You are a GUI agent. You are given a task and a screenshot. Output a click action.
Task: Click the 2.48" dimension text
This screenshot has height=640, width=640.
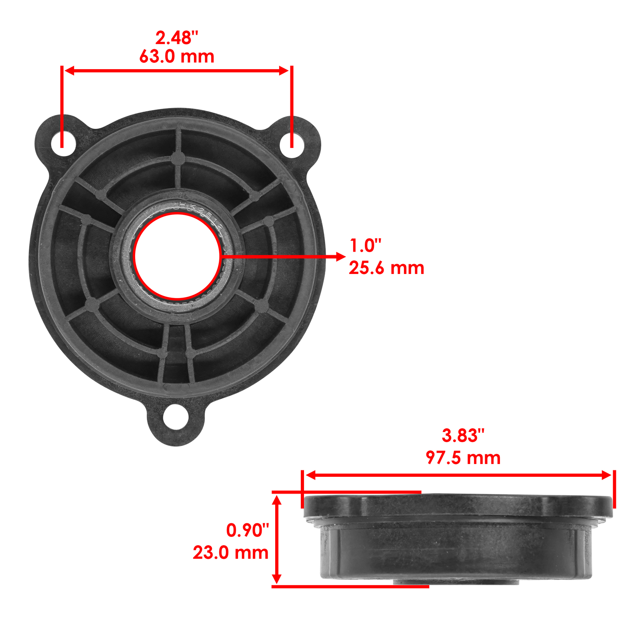pos(176,38)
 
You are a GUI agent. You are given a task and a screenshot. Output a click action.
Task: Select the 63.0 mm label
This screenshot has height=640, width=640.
pos(176,56)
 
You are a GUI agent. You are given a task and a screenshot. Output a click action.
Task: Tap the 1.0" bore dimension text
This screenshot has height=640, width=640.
pos(365,246)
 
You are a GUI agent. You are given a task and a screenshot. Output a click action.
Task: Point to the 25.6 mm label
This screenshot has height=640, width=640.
pos(386,268)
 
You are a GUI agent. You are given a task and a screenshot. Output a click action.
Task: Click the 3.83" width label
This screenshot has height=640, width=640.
pos(463,436)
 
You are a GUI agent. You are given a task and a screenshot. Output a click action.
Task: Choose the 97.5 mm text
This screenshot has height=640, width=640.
pos(463,458)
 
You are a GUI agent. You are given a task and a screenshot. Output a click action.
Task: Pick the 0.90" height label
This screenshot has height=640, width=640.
pos(248,530)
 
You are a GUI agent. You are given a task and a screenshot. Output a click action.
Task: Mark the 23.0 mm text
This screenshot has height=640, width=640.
pos(230,553)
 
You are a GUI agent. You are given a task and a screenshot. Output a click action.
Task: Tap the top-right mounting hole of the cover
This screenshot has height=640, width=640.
pos(291,142)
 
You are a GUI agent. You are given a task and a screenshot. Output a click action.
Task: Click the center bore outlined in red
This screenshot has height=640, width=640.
pos(177,256)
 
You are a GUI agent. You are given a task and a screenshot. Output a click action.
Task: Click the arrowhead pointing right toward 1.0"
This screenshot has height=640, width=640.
pos(340,256)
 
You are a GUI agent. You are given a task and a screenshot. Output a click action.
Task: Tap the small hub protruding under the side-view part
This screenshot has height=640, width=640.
pos(456,582)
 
